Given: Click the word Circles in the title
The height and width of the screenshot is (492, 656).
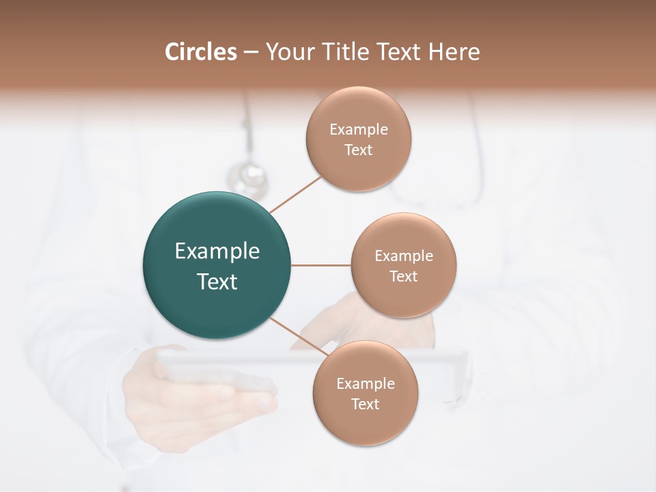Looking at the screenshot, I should point(200,52).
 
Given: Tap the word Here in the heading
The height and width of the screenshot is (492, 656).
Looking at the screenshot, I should point(454,52).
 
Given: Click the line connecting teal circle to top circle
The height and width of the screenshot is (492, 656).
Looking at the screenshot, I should point(296,194).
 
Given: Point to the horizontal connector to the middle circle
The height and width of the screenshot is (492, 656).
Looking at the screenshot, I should point(320,265).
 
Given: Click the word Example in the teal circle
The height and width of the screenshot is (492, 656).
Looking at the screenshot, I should point(217,251).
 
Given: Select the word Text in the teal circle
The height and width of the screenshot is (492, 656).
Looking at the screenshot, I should point(217,282).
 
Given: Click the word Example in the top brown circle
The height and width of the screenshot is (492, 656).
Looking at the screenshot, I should point(358,130).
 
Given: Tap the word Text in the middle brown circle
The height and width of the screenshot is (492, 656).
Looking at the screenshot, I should point(403,277).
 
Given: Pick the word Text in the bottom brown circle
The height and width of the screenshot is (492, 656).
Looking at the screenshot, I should point(365,405).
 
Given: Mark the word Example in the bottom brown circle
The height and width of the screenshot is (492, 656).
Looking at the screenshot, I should point(365,384).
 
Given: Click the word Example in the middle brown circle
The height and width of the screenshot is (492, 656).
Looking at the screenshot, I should point(403,256).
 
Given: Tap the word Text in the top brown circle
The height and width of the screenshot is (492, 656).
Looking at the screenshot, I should point(358,150).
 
